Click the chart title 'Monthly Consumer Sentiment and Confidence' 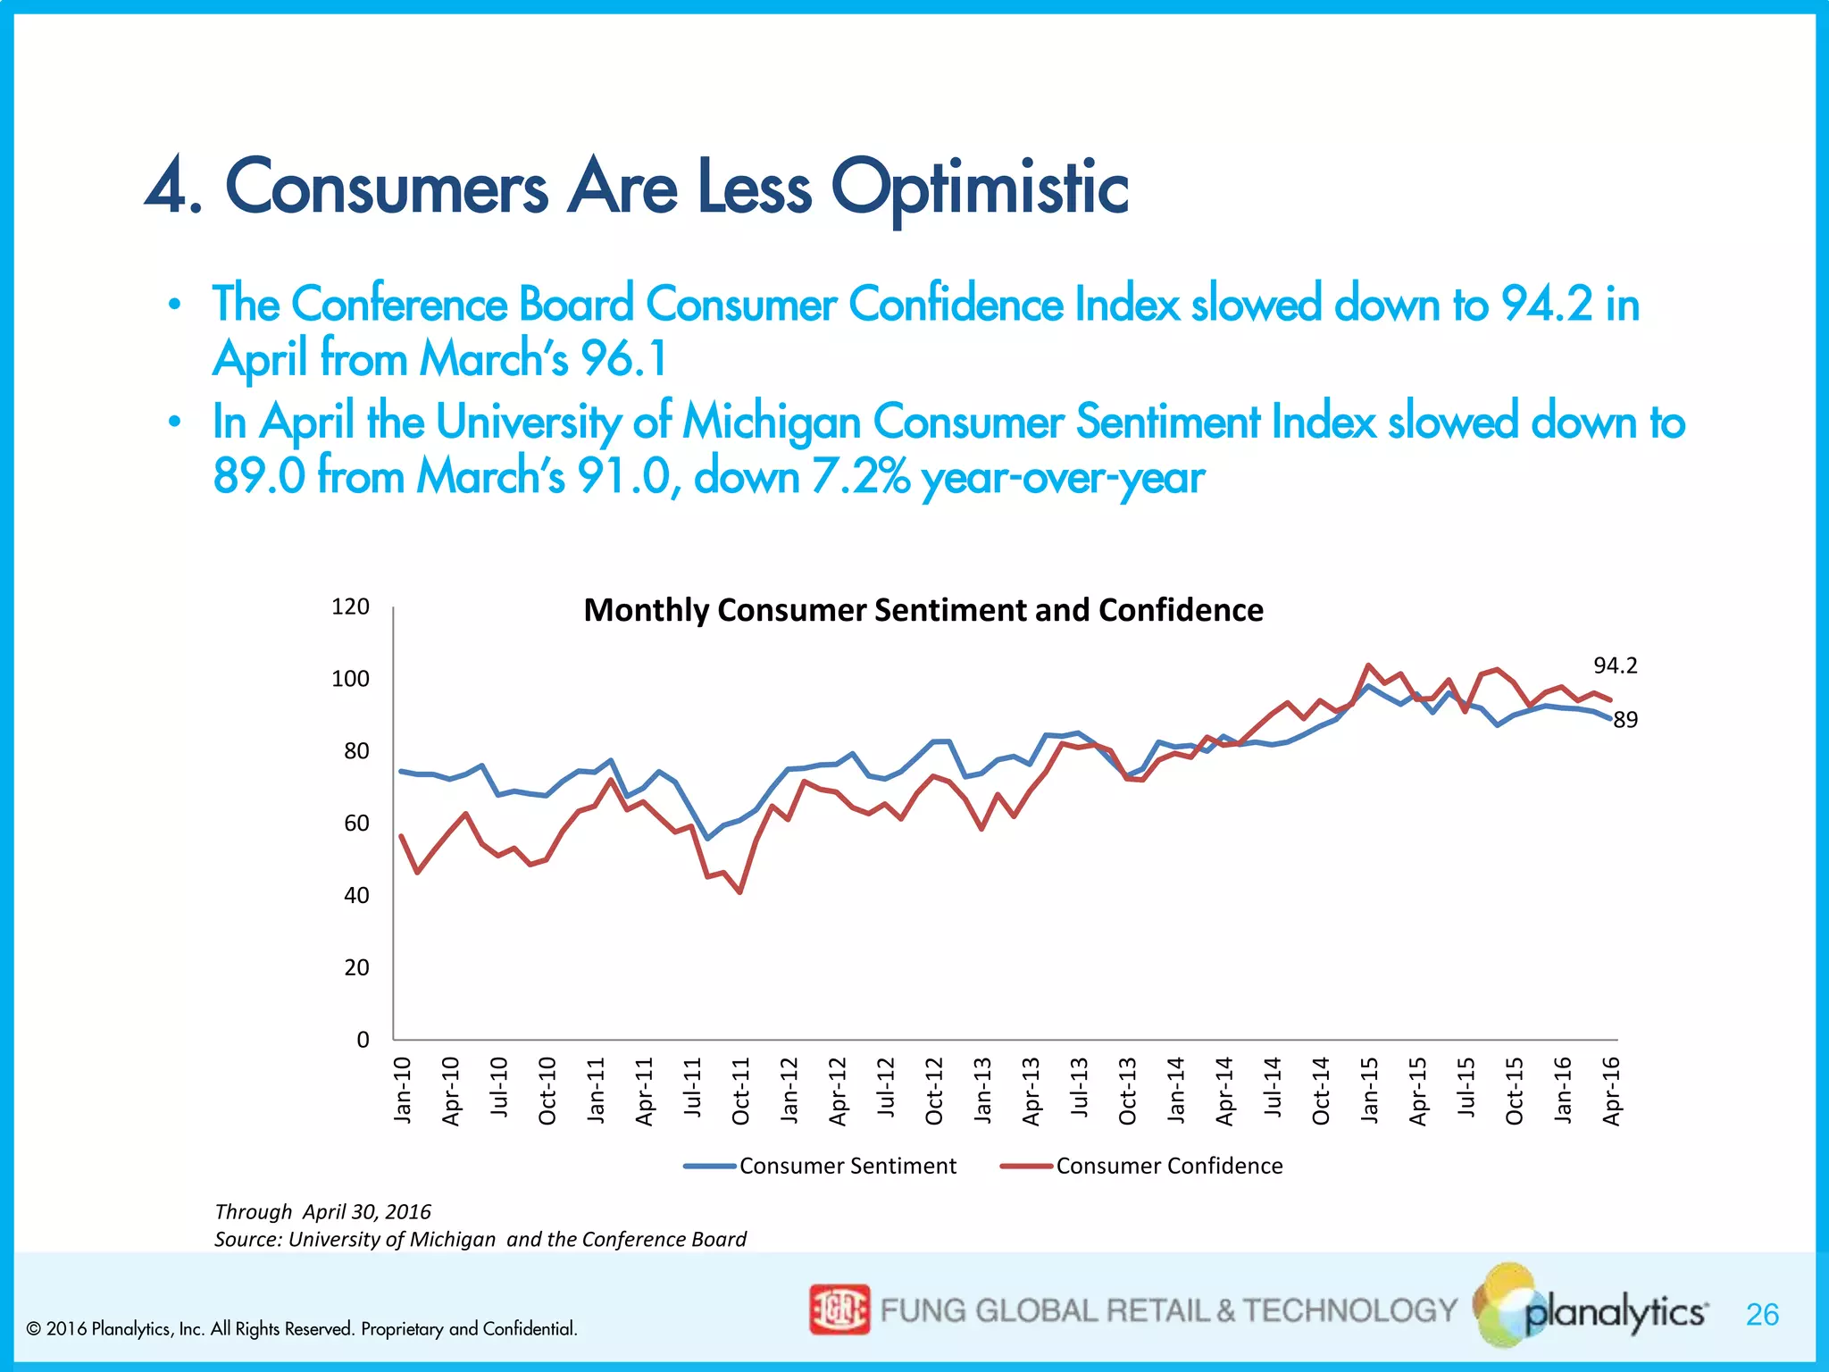pyautogui.click(x=923, y=610)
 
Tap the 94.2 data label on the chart pyautogui.click(x=1615, y=665)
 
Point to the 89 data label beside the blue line pyautogui.click(x=1625, y=720)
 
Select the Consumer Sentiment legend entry pyautogui.click(x=847, y=1166)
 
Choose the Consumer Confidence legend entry pyautogui.click(x=1168, y=1166)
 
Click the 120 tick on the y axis pyautogui.click(x=350, y=607)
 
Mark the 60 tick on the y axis pyautogui.click(x=355, y=824)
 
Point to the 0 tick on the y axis pyautogui.click(x=362, y=1040)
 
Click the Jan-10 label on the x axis pyautogui.click(x=403, y=1090)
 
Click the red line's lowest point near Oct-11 pyautogui.click(x=740, y=892)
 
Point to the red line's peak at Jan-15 pyautogui.click(x=1368, y=665)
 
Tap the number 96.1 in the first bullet pyautogui.click(x=623, y=359)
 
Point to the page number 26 pyautogui.click(x=1762, y=1315)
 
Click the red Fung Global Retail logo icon pyautogui.click(x=839, y=1309)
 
